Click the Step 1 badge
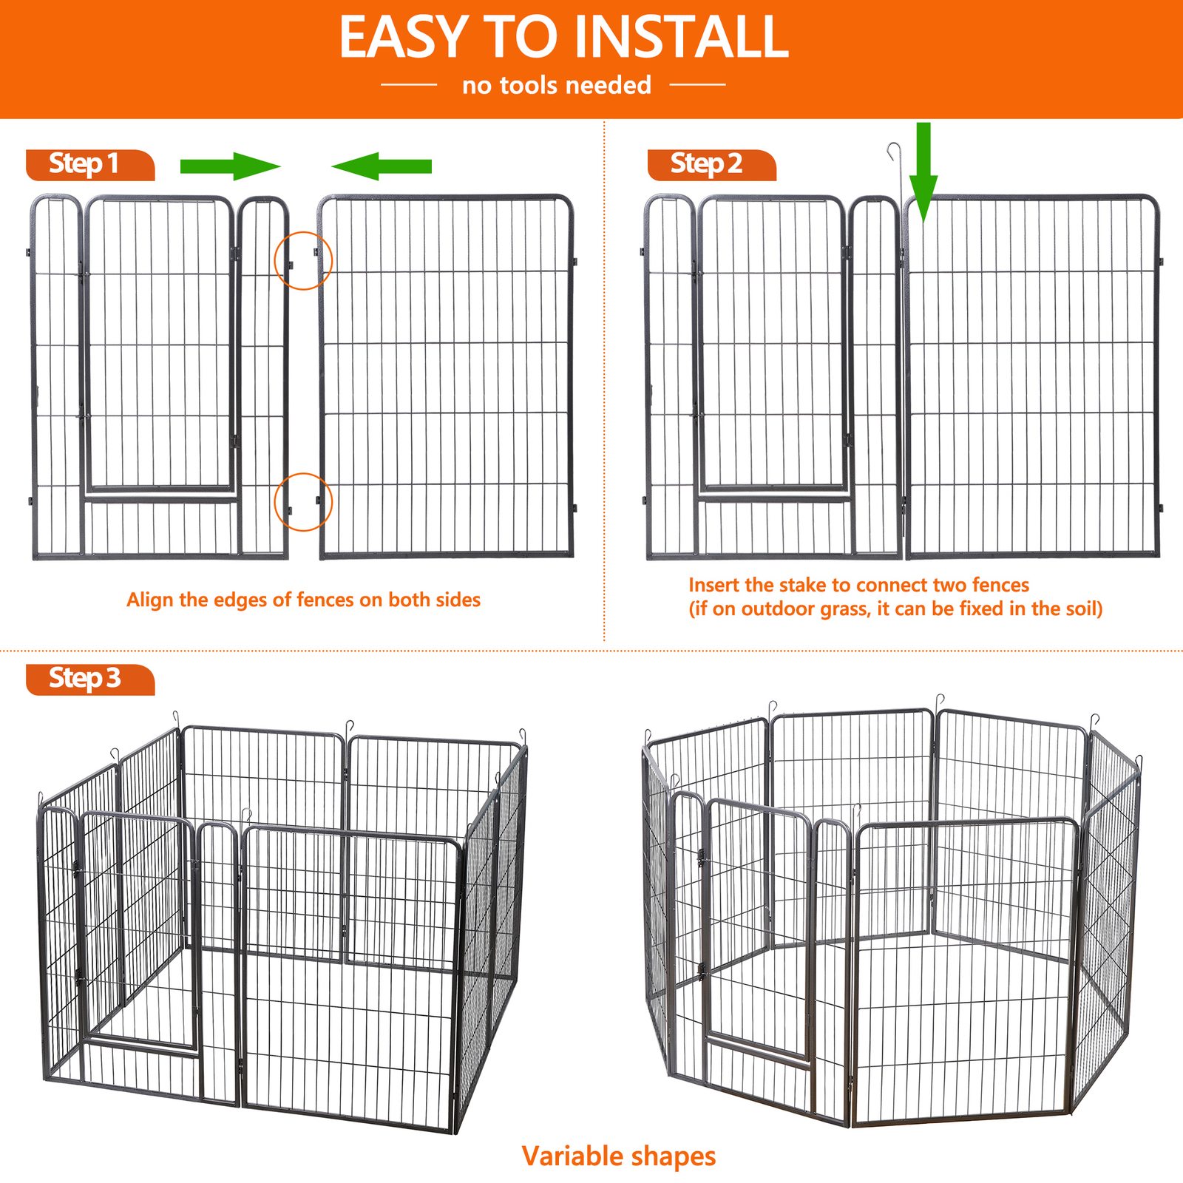point(89,164)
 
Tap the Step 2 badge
point(711,164)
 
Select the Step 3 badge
point(89,679)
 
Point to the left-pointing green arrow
point(382,166)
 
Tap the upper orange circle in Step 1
point(303,260)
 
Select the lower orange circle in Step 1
point(303,502)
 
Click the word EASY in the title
point(404,37)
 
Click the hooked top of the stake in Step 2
point(894,151)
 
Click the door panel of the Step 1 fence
point(160,344)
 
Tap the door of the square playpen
point(137,932)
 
